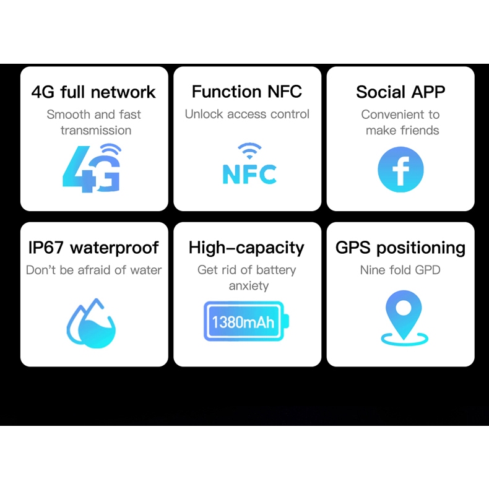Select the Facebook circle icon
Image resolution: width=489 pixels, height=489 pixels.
(x=400, y=169)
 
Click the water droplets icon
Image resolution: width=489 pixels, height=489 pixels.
(x=92, y=323)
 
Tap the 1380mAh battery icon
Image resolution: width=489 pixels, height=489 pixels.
(x=246, y=321)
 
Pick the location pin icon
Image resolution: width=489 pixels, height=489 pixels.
(x=404, y=317)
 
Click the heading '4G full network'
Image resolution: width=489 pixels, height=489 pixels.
(x=93, y=92)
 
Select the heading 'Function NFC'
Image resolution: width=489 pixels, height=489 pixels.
(x=247, y=92)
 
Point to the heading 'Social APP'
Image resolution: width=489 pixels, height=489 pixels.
(x=400, y=92)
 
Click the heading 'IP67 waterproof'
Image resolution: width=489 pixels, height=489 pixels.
(x=93, y=248)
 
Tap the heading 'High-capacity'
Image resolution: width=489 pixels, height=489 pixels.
(x=246, y=248)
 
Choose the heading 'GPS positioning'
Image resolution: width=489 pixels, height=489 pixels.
(x=400, y=248)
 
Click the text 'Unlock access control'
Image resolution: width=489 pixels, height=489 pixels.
(x=247, y=114)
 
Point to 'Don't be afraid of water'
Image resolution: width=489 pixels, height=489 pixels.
(x=93, y=270)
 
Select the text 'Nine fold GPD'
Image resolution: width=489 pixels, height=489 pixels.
(x=400, y=270)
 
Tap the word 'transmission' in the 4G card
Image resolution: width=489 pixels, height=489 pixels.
(x=96, y=130)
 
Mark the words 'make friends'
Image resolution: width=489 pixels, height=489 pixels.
(x=402, y=130)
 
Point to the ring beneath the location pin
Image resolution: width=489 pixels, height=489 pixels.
(x=404, y=339)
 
